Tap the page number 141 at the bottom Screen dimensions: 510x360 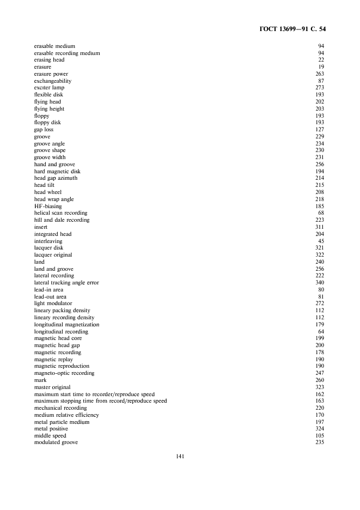click(x=180, y=457)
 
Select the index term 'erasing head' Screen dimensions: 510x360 click(x=50, y=60)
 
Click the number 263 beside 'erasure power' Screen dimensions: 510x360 click(x=320, y=74)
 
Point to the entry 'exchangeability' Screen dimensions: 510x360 click(x=53, y=81)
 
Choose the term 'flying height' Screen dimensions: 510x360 click(x=50, y=109)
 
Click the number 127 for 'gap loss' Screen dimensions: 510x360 click(x=320, y=130)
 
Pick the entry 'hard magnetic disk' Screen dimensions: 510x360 click(x=57, y=172)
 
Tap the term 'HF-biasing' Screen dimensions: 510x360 click(x=48, y=207)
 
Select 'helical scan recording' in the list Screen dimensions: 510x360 click(x=60, y=213)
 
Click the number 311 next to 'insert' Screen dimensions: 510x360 click(x=320, y=227)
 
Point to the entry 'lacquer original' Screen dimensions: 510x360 click(x=53, y=255)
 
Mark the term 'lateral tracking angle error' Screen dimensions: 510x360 click(x=66, y=283)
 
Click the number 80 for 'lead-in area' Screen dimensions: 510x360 click(x=321, y=290)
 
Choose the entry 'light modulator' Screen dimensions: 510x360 click(x=53, y=303)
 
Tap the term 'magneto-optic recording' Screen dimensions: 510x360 click(x=64, y=373)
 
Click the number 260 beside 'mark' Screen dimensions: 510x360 click(x=320, y=380)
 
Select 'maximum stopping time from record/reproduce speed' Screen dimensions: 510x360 click(x=101, y=401)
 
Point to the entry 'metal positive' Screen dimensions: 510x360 click(x=51, y=429)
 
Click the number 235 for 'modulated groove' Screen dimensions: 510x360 click(x=320, y=442)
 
